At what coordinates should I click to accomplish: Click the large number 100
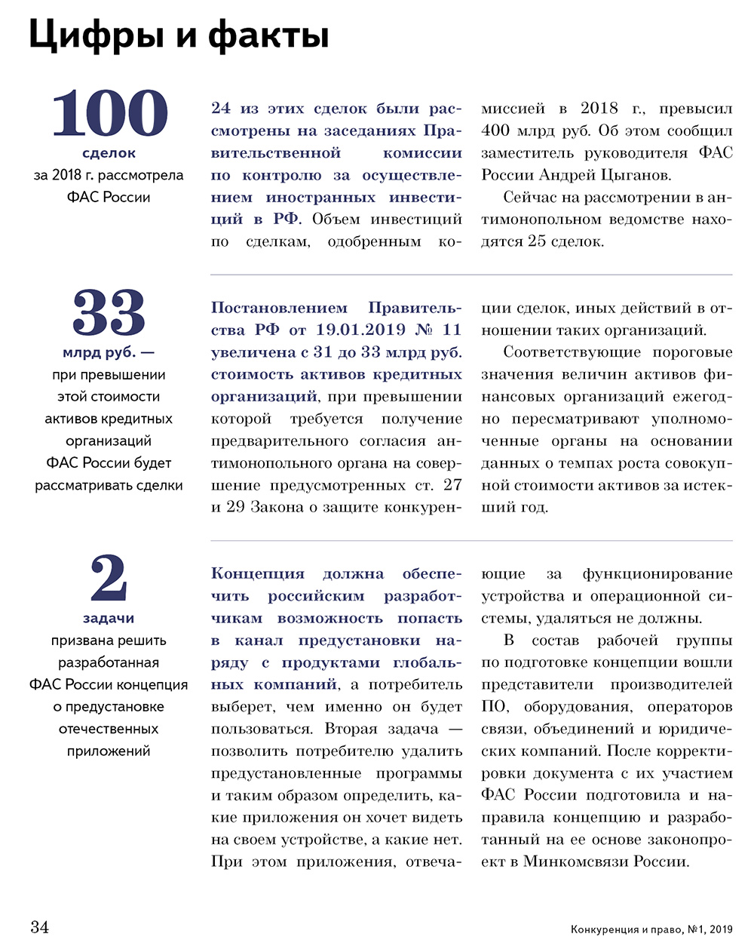pyautogui.click(x=109, y=113)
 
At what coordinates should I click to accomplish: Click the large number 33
pyautogui.click(x=109, y=313)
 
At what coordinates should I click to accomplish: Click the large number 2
pyautogui.click(x=109, y=579)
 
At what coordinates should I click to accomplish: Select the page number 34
pyautogui.click(x=40, y=926)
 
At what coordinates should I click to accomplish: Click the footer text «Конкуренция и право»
pyautogui.click(x=627, y=929)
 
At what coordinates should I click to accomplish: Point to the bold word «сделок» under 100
pyautogui.click(x=109, y=153)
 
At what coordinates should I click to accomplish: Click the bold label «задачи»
pyautogui.click(x=109, y=619)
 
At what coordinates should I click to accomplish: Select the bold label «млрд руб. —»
pyautogui.click(x=109, y=352)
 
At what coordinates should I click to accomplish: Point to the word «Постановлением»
pyautogui.click(x=279, y=308)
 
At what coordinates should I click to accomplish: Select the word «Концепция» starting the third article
pyautogui.click(x=257, y=574)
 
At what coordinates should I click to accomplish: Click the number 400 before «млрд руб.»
pyautogui.click(x=495, y=131)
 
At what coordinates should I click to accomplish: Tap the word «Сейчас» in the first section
pyautogui.click(x=529, y=198)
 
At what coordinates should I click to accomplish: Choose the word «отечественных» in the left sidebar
pyautogui.click(x=109, y=729)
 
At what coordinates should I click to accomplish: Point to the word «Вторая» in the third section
pyautogui.click(x=351, y=729)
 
